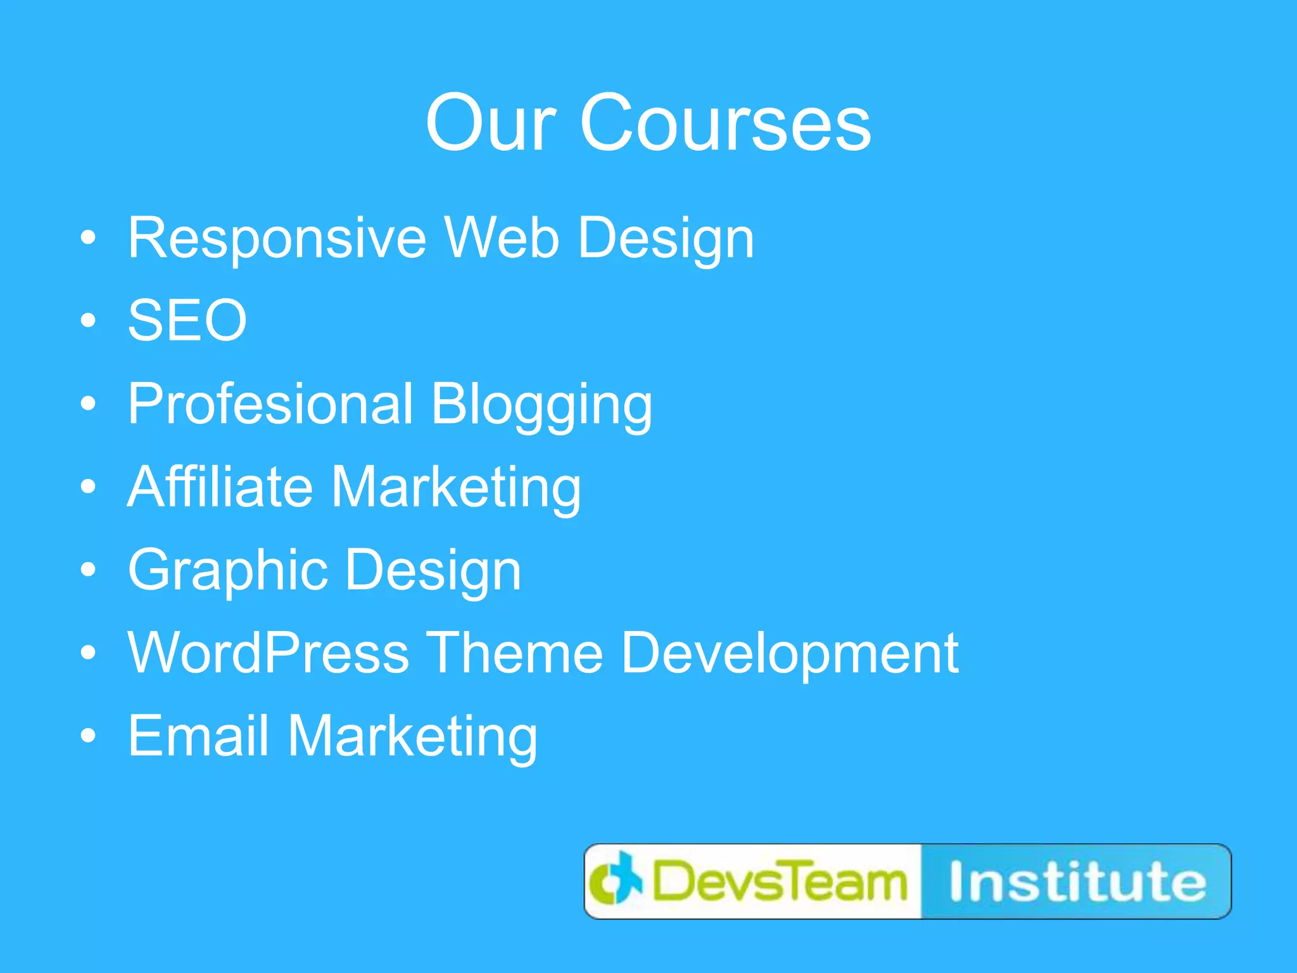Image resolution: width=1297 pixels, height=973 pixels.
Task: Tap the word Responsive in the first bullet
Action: [x=277, y=238]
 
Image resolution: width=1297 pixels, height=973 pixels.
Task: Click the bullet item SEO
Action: [x=187, y=321]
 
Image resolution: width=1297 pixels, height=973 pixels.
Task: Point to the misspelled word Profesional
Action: [x=270, y=404]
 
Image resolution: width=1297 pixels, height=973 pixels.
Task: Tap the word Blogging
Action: [x=541, y=405]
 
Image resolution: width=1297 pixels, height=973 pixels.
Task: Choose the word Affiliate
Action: [x=220, y=486]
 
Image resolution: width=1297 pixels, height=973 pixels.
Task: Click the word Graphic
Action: [x=228, y=570]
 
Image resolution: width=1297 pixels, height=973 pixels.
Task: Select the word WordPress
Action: [x=269, y=652]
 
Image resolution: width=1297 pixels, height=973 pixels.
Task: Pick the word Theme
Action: [x=514, y=652]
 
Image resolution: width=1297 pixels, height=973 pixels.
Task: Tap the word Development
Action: [x=790, y=654]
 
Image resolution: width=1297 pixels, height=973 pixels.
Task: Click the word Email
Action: [x=198, y=735]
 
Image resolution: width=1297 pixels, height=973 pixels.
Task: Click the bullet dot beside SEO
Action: [x=89, y=321]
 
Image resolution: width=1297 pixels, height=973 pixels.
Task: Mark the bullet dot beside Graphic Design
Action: [x=89, y=569]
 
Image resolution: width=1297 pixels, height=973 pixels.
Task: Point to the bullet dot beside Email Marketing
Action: [x=89, y=735]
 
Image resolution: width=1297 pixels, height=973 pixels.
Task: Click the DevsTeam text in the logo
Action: [x=779, y=882]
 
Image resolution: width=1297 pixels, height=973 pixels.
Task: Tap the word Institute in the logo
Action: [x=1077, y=882]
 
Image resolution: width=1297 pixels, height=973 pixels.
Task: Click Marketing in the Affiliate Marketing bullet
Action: [x=455, y=486]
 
